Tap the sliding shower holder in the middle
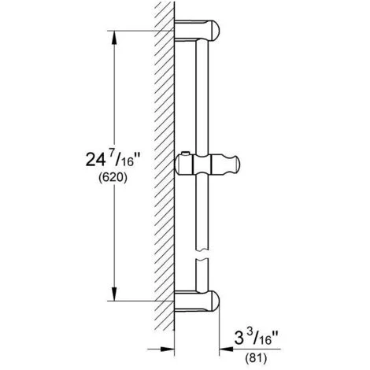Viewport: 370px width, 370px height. [x=206, y=168]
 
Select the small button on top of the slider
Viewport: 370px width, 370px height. [x=183, y=154]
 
